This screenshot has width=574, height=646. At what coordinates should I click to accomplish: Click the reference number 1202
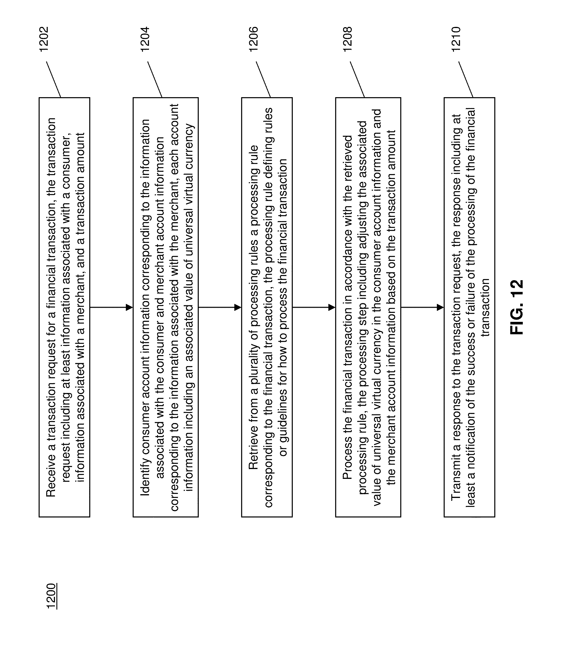44,39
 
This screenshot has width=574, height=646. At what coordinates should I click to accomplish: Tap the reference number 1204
145,39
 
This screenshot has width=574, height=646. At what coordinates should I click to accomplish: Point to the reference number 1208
347,39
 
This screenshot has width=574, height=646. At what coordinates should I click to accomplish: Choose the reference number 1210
456,39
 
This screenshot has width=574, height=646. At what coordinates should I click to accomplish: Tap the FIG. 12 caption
517,307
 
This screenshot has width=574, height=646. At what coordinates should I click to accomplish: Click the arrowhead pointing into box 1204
129,307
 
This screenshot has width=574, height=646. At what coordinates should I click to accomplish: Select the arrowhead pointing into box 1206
238,307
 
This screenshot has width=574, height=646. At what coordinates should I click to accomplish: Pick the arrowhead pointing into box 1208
332,307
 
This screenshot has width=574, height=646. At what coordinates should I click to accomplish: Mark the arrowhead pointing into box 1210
440,307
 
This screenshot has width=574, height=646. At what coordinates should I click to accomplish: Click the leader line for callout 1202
54,79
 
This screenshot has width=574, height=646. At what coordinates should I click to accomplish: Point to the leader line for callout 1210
466,79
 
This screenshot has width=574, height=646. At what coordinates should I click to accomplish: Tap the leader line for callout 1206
263,79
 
